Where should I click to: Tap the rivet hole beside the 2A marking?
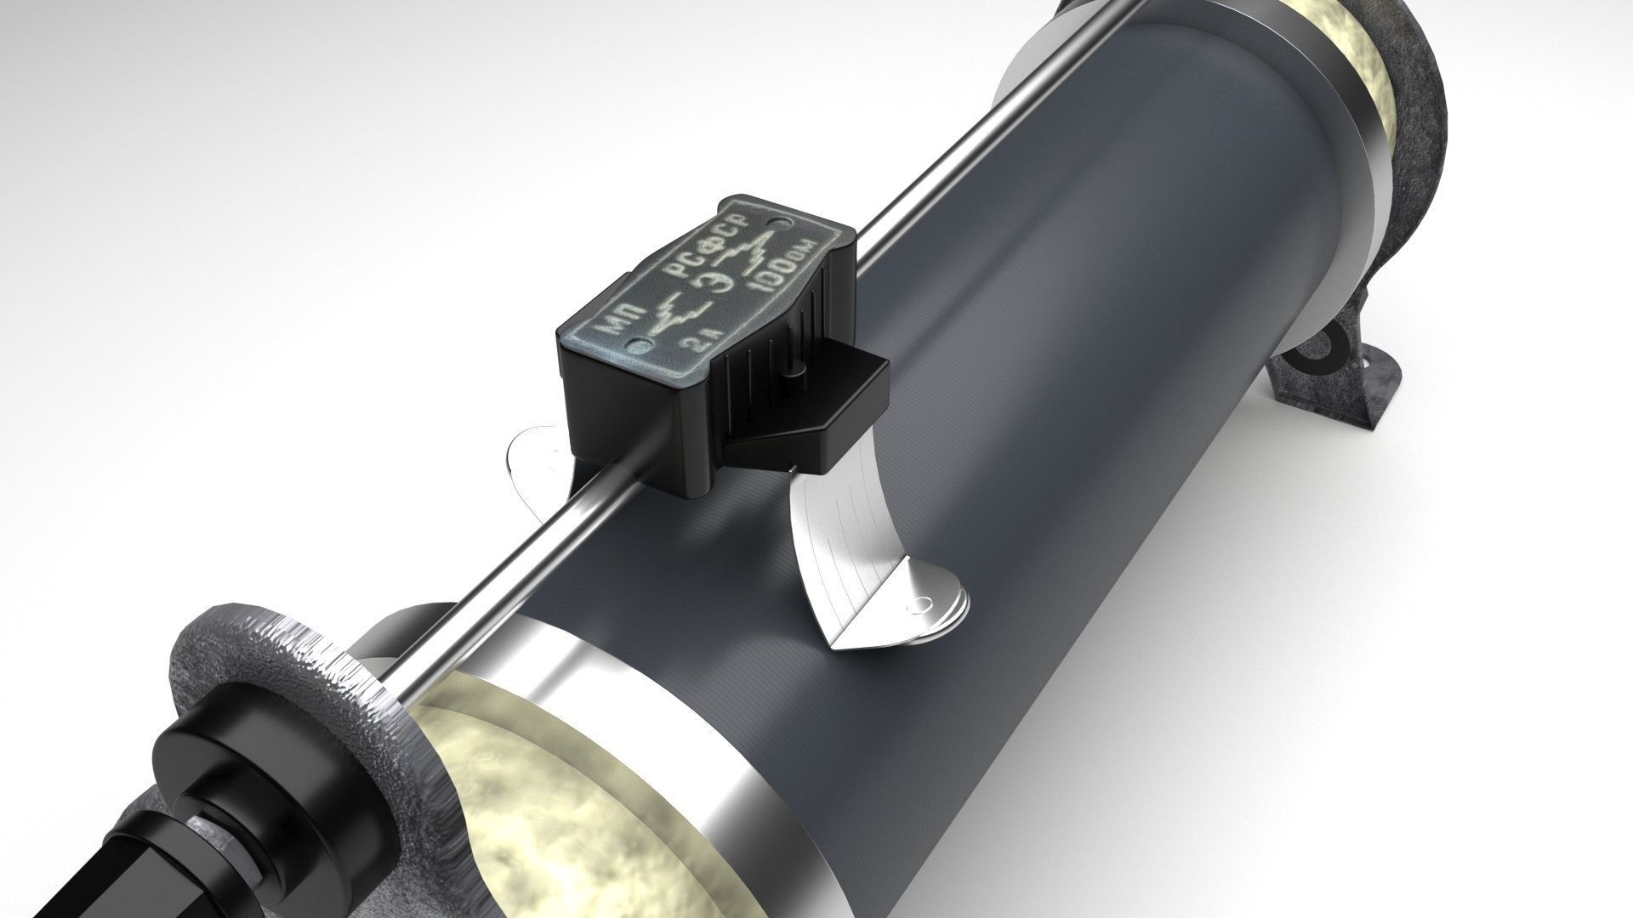coord(640,344)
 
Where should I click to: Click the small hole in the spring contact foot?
coord(918,607)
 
